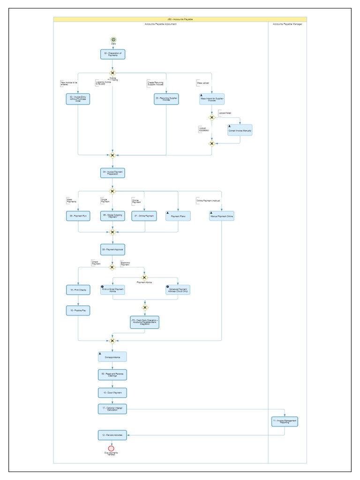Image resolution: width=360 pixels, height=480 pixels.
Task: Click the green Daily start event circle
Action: point(113,40)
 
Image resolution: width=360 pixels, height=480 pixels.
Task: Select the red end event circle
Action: point(111,448)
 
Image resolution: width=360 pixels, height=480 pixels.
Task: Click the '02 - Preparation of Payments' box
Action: point(112,54)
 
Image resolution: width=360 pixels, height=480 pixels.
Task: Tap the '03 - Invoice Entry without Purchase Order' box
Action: point(78,99)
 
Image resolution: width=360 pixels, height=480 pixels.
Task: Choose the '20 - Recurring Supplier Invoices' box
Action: point(166,99)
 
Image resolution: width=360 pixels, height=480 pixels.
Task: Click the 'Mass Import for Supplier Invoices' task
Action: point(212,99)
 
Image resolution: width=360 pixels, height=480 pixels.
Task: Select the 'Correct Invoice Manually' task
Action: point(240,130)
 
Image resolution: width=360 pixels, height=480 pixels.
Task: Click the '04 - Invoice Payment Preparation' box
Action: point(112,173)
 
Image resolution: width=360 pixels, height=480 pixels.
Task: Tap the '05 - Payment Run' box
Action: point(78,216)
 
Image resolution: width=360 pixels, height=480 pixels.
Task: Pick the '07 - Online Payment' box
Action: point(144,216)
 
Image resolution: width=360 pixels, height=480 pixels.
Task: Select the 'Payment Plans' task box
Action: point(178,216)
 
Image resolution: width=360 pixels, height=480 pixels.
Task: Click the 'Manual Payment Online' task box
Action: point(221,216)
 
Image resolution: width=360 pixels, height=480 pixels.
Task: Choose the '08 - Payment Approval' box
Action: point(112,249)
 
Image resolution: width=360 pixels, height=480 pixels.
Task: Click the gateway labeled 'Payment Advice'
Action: point(144,277)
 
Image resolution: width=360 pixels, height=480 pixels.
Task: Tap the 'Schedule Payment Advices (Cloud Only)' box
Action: point(178,290)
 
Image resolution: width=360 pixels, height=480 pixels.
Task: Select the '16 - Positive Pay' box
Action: point(78,310)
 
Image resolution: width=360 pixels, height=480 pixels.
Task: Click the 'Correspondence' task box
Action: point(112,357)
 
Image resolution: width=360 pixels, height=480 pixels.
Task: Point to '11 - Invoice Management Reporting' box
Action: point(285,421)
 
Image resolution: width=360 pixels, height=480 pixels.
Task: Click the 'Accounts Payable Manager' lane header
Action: point(287,24)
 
